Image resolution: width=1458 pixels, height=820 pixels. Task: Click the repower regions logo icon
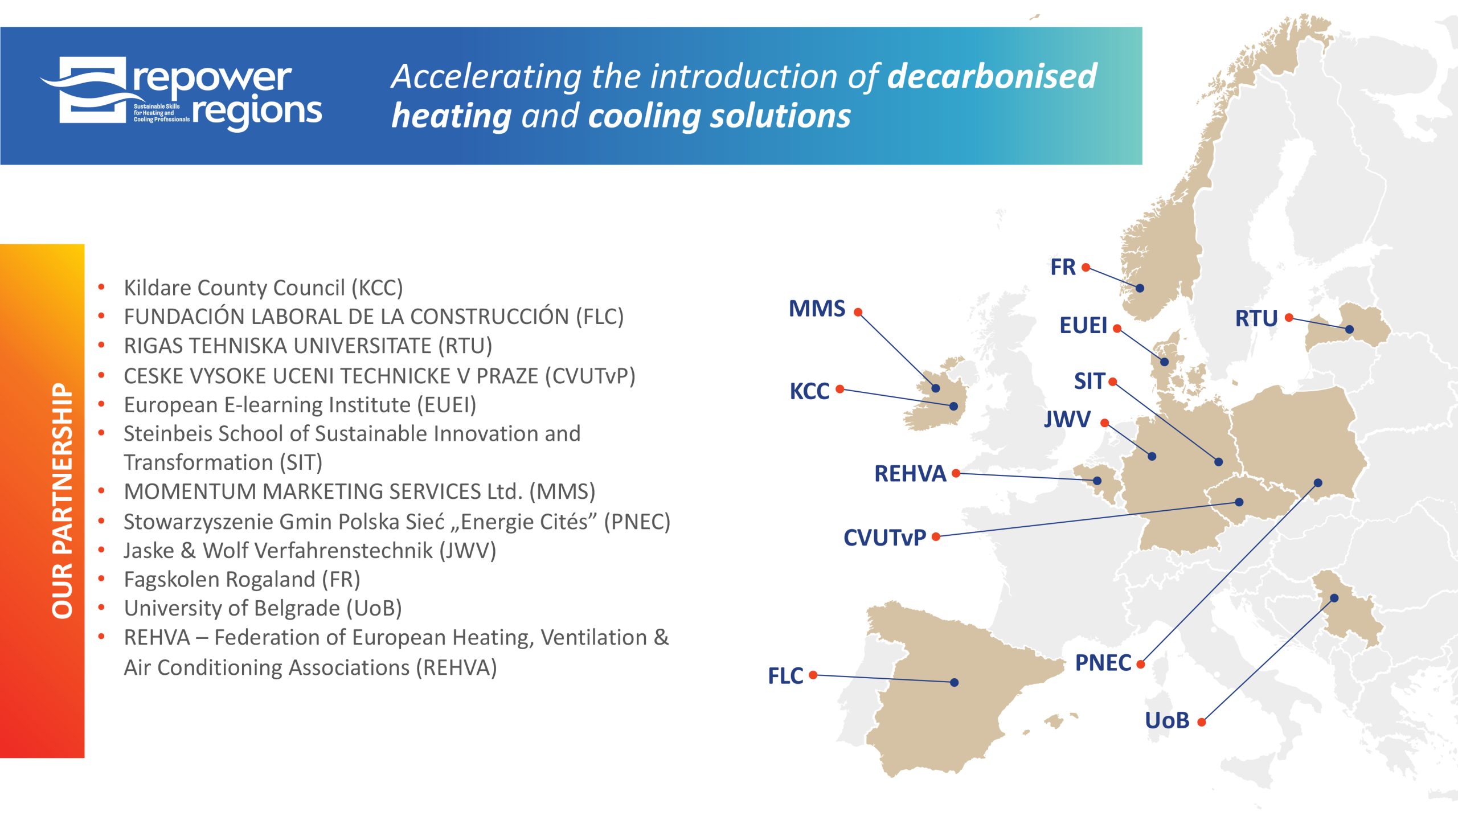coord(85,90)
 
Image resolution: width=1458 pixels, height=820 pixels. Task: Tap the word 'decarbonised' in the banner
coord(992,76)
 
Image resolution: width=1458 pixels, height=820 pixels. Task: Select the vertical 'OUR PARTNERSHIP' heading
coord(63,501)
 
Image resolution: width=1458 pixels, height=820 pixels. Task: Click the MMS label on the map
coord(817,309)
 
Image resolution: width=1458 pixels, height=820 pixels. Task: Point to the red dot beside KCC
coord(839,389)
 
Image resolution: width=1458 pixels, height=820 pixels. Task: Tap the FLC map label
coord(785,676)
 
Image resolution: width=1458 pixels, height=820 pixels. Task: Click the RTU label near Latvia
coord(1256,318)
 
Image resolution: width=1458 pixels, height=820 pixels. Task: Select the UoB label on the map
coord(1167,721)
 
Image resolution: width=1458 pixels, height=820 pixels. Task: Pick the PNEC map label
coord(1103,663)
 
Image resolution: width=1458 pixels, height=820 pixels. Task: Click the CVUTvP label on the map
coord(884,538)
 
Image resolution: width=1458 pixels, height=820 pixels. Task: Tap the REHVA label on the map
coord(910,474)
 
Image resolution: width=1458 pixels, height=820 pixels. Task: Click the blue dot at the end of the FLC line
coord(955,682)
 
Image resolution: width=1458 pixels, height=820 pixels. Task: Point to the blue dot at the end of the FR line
coord(1140,288)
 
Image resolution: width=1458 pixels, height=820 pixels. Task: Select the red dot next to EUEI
coord(1117,329)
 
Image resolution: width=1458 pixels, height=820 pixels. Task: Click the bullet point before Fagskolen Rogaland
coord(101,579)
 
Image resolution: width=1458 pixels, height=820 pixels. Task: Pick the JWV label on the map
coord(1067,420)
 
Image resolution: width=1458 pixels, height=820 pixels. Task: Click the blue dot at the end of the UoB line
coord(1334,598)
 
